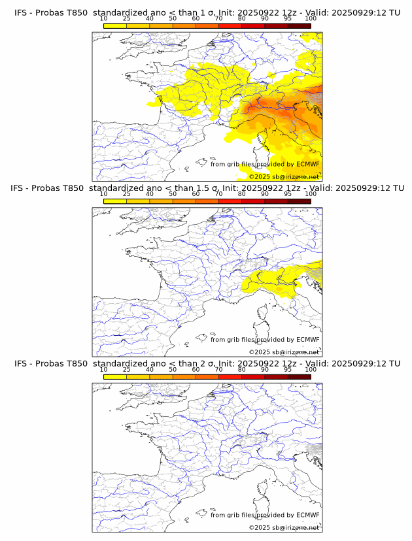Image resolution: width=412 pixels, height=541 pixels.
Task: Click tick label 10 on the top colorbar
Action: (104, 18)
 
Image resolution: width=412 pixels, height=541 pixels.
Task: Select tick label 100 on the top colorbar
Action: (311, 18)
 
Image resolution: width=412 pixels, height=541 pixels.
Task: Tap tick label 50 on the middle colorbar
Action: (173, 194)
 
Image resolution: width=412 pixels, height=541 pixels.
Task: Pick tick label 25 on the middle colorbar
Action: (127, 194)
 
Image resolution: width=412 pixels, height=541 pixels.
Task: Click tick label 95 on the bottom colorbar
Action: (288, 369)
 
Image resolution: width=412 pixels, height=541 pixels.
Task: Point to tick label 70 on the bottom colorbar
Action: (218, 369)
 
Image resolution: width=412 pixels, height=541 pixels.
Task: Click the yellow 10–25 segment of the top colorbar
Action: (115, 25)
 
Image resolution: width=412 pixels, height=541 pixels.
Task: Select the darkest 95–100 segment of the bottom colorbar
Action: (299, 376)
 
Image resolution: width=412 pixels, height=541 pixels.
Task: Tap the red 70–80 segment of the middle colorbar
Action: (230, 201)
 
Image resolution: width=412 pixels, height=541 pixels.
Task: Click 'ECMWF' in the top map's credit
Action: (308, 164)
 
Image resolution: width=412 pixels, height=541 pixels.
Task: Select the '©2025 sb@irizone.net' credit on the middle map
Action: (284, 352)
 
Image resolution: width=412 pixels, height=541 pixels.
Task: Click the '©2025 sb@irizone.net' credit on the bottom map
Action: (284, 527)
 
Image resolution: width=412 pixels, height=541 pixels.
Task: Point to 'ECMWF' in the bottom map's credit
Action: (308, 515)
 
